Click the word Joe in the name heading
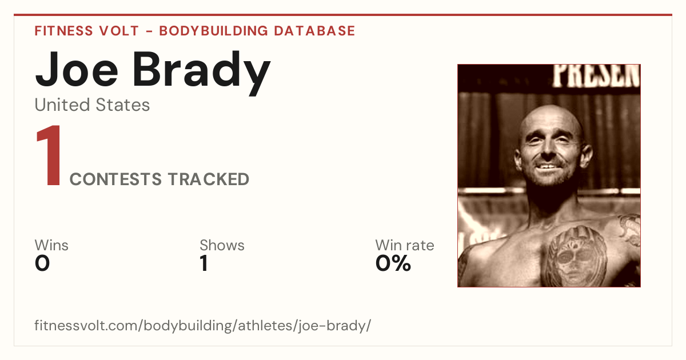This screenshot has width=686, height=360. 77,70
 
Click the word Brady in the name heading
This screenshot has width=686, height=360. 201,73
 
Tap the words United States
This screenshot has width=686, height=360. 92,105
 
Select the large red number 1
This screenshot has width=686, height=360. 49,155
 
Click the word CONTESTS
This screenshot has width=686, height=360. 115,179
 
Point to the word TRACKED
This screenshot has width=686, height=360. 209,179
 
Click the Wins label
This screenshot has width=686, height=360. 51,245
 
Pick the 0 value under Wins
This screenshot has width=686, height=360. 42,263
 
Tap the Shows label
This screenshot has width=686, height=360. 222,245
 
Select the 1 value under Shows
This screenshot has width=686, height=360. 204,263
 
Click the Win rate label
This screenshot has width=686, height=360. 405,245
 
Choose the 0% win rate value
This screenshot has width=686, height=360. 393,263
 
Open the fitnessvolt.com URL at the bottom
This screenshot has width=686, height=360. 203,325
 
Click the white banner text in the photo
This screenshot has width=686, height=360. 596,75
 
